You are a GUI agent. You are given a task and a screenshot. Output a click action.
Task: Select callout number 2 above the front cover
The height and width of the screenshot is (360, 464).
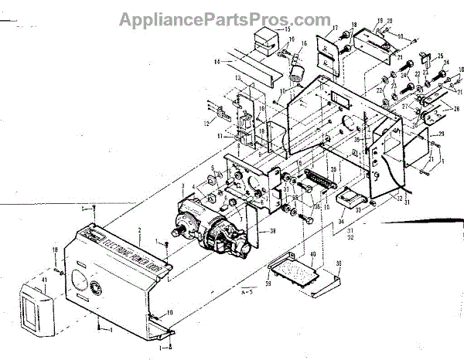point(139,231)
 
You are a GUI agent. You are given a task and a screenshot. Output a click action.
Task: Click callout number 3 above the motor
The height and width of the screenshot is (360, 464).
point(183,186)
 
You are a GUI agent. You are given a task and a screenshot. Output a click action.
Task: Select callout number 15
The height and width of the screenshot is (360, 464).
point(288,29)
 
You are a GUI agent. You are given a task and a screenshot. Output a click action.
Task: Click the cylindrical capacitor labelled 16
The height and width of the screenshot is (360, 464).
point(296,74)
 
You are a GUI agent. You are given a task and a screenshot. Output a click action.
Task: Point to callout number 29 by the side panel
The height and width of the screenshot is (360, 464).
point(440,136)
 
